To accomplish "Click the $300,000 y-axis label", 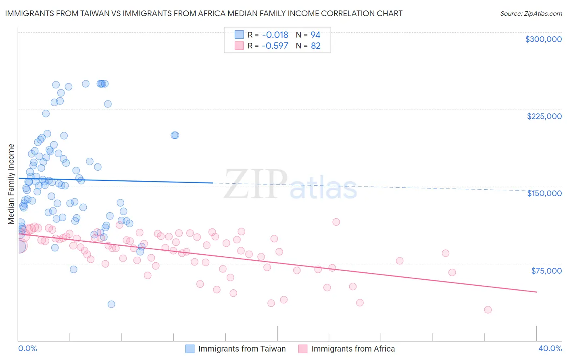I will (543, 39).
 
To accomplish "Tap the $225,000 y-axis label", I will (544, 116).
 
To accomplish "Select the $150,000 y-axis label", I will (544, 193).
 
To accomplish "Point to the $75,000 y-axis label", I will (546, 270).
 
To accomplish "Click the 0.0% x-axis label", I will (27, 348).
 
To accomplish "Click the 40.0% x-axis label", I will (550, 348).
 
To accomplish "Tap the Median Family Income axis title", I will (11, 184).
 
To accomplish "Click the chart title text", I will (204, 13).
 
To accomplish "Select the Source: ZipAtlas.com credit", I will (531, 13).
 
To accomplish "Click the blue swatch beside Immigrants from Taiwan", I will (190, 349).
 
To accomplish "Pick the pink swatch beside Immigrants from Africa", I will (303, 349).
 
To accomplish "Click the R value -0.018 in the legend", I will (275, 35).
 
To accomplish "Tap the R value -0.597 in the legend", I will (275, 46).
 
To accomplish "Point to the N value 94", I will (315, 35).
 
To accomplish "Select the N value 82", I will (315, 46).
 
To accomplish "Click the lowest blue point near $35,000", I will (111, 304).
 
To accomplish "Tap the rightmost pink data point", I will (488, 310).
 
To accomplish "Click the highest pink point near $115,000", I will (336, 222).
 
